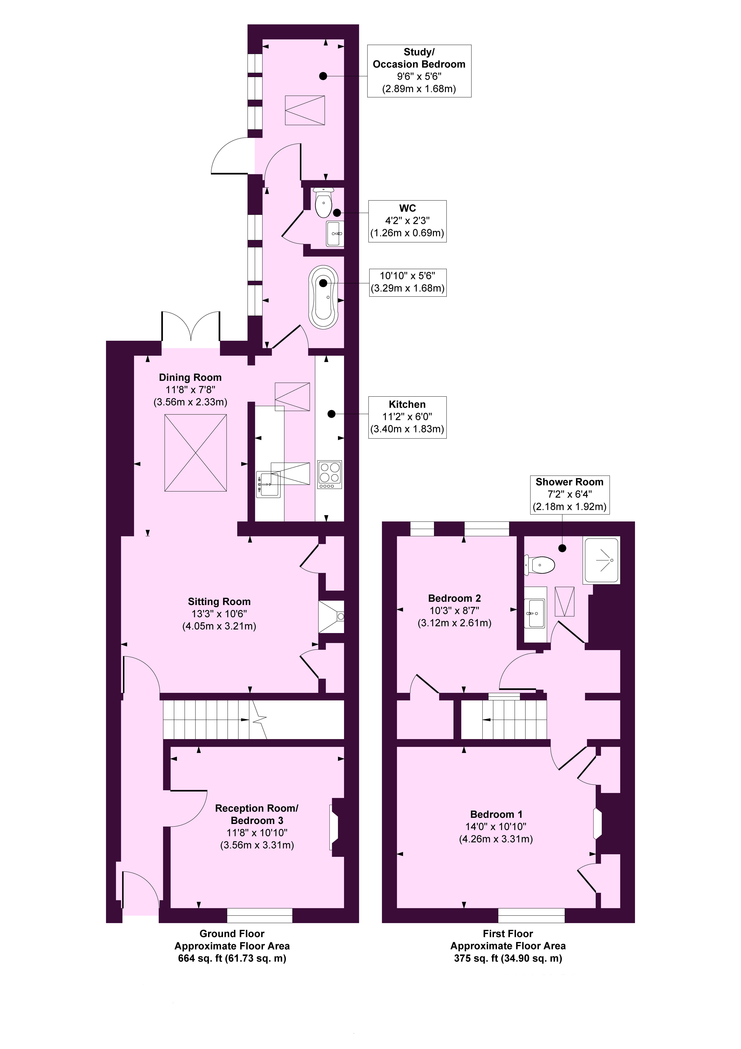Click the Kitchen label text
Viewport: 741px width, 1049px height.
(x=407, y=404)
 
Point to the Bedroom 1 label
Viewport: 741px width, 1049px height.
(x=496, y=814)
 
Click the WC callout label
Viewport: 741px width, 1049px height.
(x=408, y=208)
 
